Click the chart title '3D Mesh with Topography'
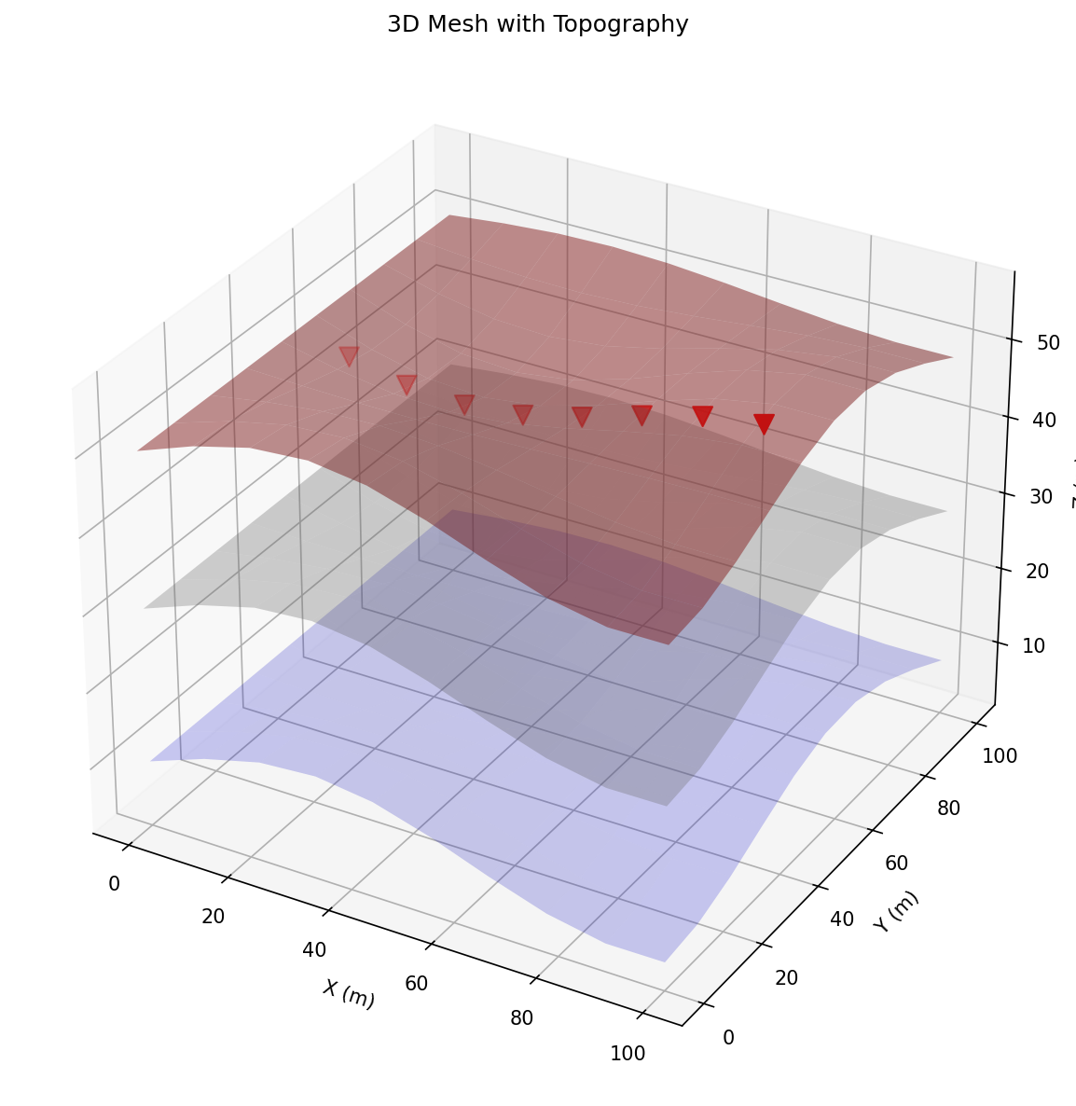pos(537,25)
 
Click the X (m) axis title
pos(349,994)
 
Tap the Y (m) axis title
pos(896,911)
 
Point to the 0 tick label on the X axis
pos(114,883)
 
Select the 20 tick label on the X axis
pos(213,916)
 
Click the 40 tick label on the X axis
pos(314,949)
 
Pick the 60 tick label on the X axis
pos(417,983)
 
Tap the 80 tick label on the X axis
pos(522,1017)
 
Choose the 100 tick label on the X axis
pos(628,1053)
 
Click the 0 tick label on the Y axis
pos(728,1037)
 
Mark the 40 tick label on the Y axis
pos(842,919)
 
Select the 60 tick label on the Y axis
pos(896,864)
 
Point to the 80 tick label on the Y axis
pos(948,809)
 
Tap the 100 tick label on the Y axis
pos(999,756)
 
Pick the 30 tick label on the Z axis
pos(1041,496)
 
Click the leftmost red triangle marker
pos(349,356)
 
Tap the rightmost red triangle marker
pos(764,424)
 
